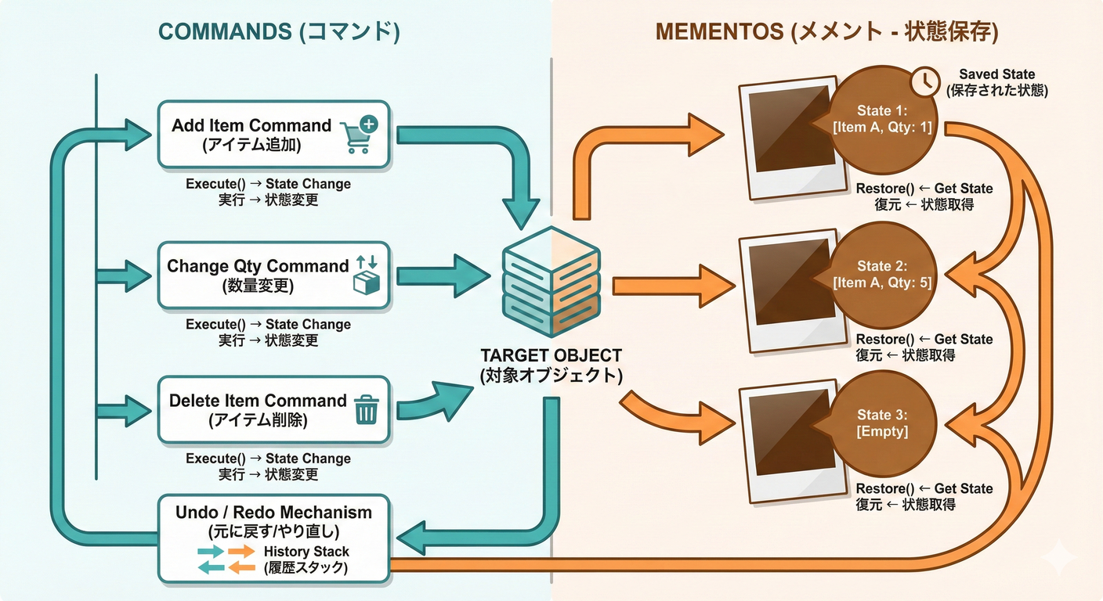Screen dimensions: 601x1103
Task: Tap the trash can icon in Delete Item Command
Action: point(366,409)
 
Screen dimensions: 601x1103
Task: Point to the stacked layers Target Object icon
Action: point(551,282)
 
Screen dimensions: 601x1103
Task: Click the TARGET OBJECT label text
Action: point(551,355)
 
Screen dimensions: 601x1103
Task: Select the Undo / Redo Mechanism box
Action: point(273,538)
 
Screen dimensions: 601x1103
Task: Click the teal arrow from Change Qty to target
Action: point(443,276)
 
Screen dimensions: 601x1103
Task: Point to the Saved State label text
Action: point(996,74)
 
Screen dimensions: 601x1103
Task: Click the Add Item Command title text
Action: point(251,125)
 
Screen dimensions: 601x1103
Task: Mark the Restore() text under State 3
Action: point(885,489)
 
